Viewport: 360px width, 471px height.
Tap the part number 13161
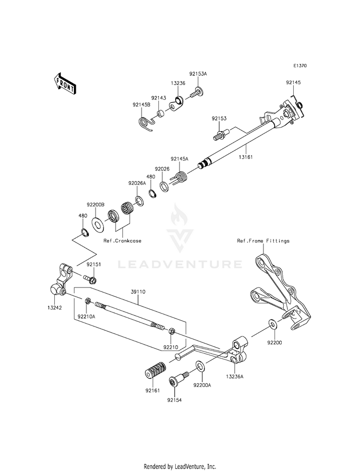pos(246,157)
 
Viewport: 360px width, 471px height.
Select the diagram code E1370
pos(300,65)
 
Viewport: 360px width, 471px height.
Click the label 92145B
pos(141,105)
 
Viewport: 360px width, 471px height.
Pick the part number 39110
pos(138,291)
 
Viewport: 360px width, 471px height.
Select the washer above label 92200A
pos(200,366)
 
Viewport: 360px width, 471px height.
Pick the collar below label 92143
pos(161,114)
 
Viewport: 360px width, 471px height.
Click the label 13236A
pos(235,376)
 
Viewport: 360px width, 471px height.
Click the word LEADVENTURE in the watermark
pos(180,265)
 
